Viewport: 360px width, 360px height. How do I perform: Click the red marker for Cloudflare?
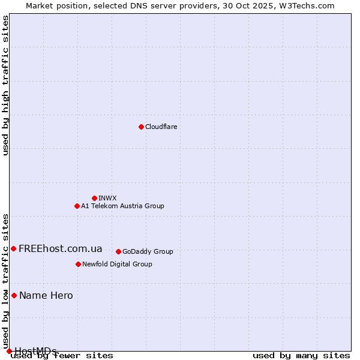pyautogui.click(x=141, y=127)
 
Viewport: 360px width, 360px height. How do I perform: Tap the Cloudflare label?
pyautogui.click(x=161, y=127)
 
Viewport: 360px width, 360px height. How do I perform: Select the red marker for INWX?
pyautogui.click(x=94, y=198)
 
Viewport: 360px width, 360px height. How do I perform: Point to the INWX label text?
pyautogui.click(x=107, y=198)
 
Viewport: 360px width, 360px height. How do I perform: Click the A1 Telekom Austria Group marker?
pyautogui.click(x=77, y=206)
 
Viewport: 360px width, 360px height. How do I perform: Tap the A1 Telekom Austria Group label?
pyautogui.click(x=122, y=206)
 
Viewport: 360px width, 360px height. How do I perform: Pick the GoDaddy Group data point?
pyautogui.click(x=118, y=251)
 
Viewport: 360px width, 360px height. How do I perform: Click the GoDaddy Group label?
pyautogui.click(x=148, y=251)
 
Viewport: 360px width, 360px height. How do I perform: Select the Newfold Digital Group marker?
pyautogui.click(x=78, y=264)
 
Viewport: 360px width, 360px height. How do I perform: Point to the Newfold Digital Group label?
pyautogui.click(x=117, y=264)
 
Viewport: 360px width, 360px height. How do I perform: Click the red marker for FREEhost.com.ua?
pyautogui.click(x=13, y=248)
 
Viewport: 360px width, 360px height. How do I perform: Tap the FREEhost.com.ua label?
pyautogui.click(x=61, y=248)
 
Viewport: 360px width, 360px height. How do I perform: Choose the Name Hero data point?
pyautogui.click(x=14, y=295)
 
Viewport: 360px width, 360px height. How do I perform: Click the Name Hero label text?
pyautogui.click(x=46, y=295)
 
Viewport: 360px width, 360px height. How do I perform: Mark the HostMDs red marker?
pyautogui.click(x=9, y=351)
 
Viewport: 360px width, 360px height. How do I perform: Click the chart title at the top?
pyautogui.click(x=180, y=5)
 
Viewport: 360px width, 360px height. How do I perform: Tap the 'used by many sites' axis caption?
pyautogui.click(x=301, y=355)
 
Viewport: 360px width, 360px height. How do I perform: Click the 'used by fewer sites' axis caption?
pyautogui.click(x=62, y=355)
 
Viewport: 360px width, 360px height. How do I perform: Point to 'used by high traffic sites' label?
pyautogui.click(x=5, y=85)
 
